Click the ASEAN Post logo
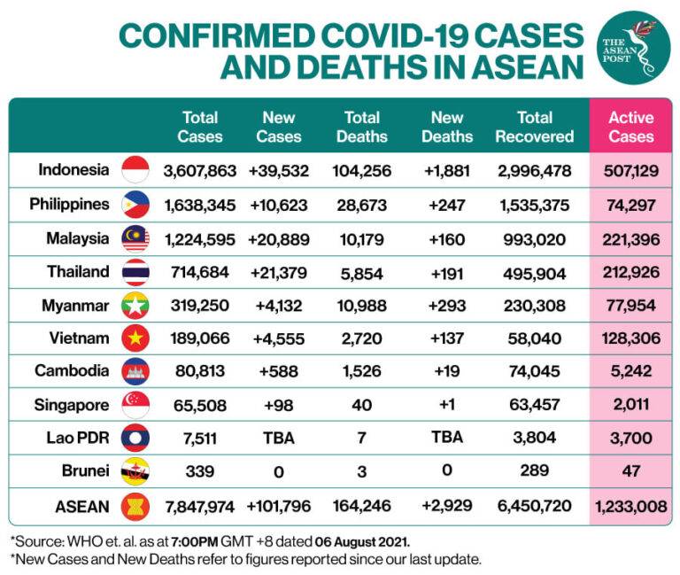(632, 47)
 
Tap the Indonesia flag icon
(135, 170)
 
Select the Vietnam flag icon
(135, 338)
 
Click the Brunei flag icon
(135, 470)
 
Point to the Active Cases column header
(630, 127)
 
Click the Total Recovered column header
(534, 127)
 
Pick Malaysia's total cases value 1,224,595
(199, 238)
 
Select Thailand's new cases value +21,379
(281, 272)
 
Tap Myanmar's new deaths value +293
(447, 306)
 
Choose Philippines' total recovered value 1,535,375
(534, 205)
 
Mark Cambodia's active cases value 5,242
(630, 371)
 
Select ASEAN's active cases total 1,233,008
(630, 507)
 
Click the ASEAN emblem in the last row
(135, 506)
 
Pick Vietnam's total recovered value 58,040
(534, 338)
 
